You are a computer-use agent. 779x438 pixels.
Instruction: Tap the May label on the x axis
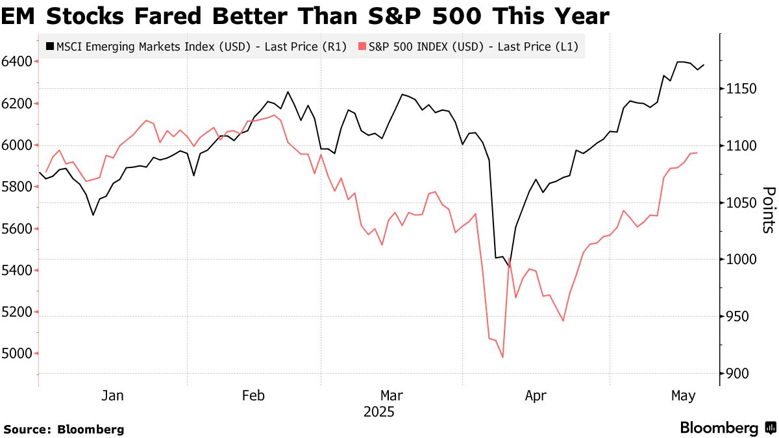click(683, 395)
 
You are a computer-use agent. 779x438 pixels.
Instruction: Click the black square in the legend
click(50, 46)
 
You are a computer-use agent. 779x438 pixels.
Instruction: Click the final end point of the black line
click(704, 64)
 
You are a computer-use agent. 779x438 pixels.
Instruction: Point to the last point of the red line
click(697, 152)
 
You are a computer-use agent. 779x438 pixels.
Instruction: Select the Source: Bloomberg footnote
click(64, 429)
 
